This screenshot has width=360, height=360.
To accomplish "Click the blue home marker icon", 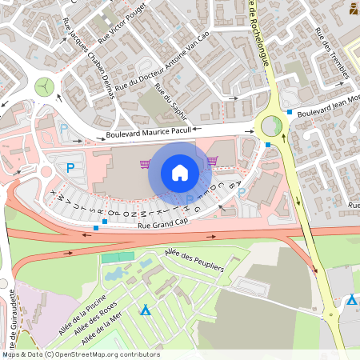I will point(179,173).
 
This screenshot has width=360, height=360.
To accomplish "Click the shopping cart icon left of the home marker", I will point(145,164).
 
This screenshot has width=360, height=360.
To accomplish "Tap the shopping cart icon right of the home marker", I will point(212,161).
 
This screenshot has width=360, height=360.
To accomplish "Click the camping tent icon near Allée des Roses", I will point(145,310).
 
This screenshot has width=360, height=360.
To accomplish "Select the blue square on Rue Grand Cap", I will point(96,228).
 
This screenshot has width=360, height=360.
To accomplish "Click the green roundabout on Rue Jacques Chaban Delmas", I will point(46,86).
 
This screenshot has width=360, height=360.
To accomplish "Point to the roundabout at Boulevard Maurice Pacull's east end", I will point(271,125).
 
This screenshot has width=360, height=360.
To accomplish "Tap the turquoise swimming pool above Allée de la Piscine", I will point(118,258).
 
